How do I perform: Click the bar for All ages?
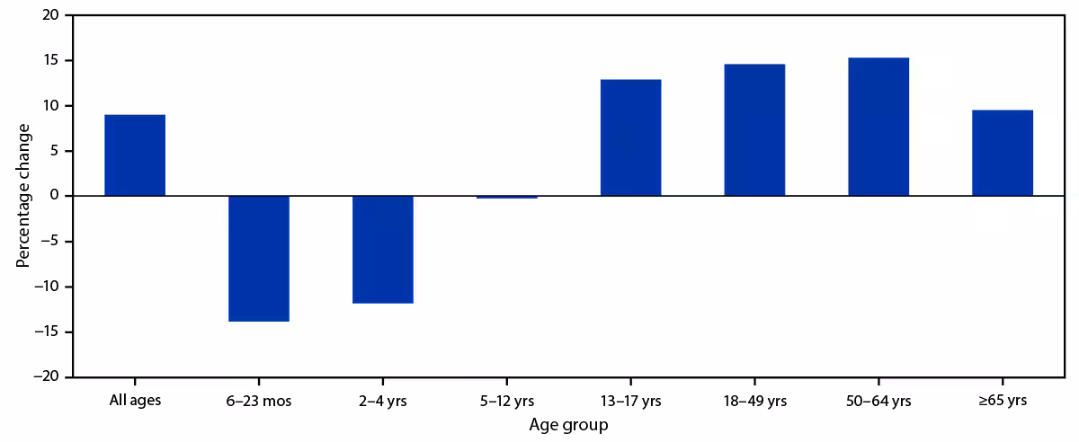[x=135, y=155]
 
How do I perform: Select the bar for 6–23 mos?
[x=259, y=258]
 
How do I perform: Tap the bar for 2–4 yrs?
[x=383, y=249]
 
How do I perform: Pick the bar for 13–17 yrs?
[x=630, y=137]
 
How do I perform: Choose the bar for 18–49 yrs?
[x=754, y=130]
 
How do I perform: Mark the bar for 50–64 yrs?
[x=878, y=127]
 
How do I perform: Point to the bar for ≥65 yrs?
[x=1003, y=153]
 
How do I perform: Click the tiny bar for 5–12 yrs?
[x=507, y=197]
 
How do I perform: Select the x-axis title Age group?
[x=568, y=425]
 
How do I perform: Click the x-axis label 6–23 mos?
[x=259, y=401]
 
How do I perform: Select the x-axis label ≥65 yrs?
[x=1003, y=401]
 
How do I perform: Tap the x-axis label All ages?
[x=135, y=401]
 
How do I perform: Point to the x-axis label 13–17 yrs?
[x=630, y=401]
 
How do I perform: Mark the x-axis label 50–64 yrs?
[x=878, y=401]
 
